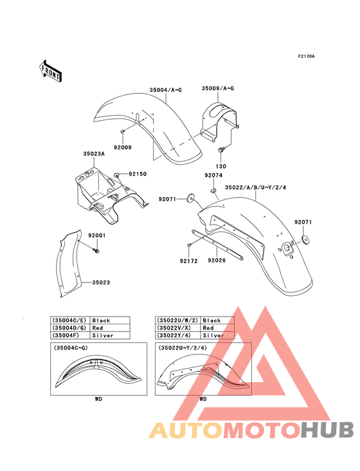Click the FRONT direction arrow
coord(50,71)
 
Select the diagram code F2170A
coord(306,56)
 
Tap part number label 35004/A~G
coord(166,90)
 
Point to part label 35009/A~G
coord(218,88)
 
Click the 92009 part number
coord(122,147)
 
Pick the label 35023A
coord(94,154)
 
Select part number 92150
coord(138,174)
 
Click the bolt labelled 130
coord(221,149)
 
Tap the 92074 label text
coord(213,175)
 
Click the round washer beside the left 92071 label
coord(190,198)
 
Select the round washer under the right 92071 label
coord(306,239)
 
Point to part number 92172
coord(189,261)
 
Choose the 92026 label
coord(217,260)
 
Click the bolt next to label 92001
coord(96,250)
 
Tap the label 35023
coord(101,282)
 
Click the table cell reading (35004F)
coord(70,335)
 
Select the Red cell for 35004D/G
coord(110,328)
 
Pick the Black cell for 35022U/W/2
coord(217,320)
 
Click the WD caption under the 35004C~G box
coord(98,399)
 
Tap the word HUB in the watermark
coord(328,430)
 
